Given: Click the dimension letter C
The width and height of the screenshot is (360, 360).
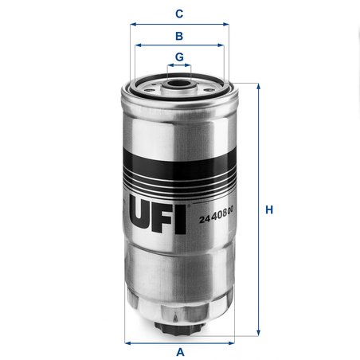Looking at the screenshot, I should point(180,14).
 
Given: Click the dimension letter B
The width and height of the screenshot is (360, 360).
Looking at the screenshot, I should point(180,36).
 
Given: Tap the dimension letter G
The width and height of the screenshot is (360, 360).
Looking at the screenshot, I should point(180,57).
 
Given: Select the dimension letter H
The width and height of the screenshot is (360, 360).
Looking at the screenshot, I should point(269,210).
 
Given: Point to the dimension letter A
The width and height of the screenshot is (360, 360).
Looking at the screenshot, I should point(180,351).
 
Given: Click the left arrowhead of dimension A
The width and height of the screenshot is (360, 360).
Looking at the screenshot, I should point(128,342).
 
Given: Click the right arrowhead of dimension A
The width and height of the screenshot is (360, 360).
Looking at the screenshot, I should point(233,342).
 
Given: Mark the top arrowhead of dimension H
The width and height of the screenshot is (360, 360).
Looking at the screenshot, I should point(256,85).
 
